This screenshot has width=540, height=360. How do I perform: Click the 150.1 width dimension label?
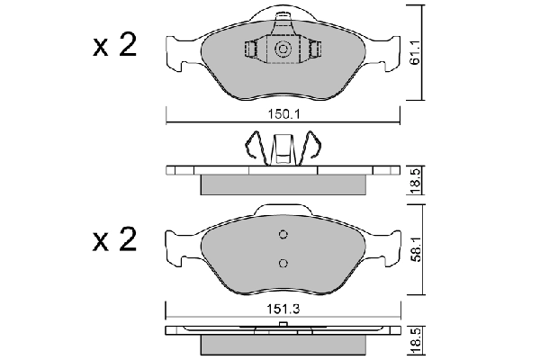[283, 115]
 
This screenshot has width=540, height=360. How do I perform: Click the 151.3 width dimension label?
[283, 310]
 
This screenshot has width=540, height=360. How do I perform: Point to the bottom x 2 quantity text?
[114, 240]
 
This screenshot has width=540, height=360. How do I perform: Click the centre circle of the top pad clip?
[283, 49]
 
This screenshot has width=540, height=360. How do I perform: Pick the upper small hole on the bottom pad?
[283, 236]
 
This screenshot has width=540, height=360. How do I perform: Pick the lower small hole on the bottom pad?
[283, 263]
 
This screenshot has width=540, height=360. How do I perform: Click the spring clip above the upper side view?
[283, 148]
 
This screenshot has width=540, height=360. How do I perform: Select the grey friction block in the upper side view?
[283, 184]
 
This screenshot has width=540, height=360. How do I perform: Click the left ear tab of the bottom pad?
[177, 247]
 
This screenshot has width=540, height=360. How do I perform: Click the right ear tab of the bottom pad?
[389, 247]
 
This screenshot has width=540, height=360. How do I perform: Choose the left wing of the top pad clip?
[255, 49]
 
